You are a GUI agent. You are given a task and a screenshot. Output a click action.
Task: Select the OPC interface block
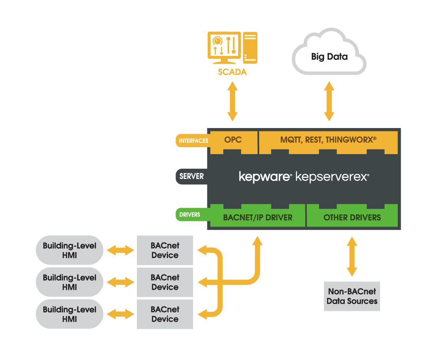point(233,140)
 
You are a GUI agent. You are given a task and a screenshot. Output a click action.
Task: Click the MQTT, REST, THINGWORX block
point(328,140)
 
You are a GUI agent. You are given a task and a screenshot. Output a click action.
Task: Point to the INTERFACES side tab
point(193,141)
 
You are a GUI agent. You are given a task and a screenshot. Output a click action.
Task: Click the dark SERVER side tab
point(192,176)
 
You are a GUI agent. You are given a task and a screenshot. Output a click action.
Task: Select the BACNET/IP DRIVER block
point(257,217)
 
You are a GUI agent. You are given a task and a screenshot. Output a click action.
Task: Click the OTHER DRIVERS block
point(352,217)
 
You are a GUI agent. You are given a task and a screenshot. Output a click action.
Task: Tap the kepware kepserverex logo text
point(304,177)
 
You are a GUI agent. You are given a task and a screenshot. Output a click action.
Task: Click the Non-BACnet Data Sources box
point(352,296)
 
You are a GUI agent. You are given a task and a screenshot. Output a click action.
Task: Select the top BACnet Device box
point(165,250)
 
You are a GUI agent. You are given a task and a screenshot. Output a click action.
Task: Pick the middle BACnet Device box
point(165,282)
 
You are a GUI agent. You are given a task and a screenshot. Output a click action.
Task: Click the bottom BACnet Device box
point(165,314)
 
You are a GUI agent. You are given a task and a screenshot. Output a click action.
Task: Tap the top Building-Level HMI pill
point(69,250)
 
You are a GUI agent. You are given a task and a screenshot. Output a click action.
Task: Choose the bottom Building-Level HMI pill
point(69,314)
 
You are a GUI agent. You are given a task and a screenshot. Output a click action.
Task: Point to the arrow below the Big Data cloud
point(329,101)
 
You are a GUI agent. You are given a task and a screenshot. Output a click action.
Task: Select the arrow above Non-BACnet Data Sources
point(352,256)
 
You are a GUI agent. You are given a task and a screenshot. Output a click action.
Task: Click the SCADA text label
point(232,72)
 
